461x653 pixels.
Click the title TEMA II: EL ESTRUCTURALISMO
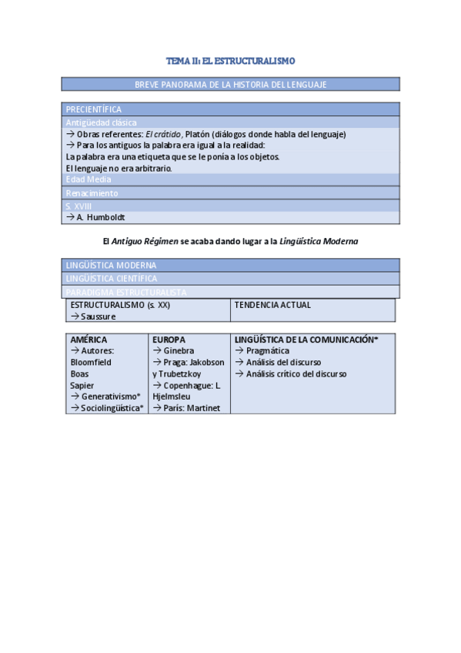click(x=231, y=60)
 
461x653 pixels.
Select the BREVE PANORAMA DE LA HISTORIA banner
click(x=231, y=84)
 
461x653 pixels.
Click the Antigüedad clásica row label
click(x=102, y=122)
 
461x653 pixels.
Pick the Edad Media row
click(x=89, y=179)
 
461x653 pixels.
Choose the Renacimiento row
click(x=92, y=193)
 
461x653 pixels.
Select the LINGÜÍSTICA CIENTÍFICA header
click(x=112, y=278)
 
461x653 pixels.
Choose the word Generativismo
click(x=110, y=397)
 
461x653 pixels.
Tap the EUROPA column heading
click(x=169, y=339)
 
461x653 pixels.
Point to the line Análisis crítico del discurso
click(x=296, y=373)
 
